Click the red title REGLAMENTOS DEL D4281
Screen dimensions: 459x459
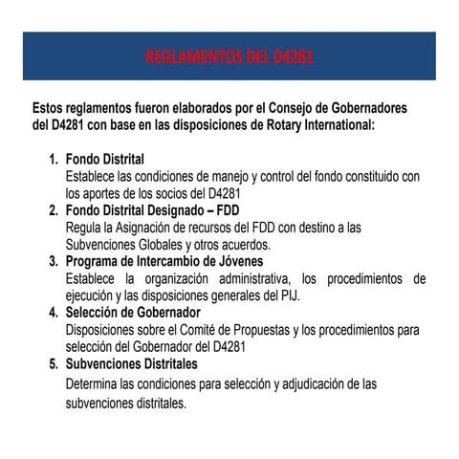pos(229,60)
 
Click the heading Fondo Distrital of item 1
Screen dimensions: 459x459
pos(105,159)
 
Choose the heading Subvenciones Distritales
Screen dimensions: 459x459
pos(131,364)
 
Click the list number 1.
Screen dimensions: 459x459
pos(54,159)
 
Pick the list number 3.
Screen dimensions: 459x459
pos(54,261)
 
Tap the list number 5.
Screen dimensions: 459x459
pos(54,364)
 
